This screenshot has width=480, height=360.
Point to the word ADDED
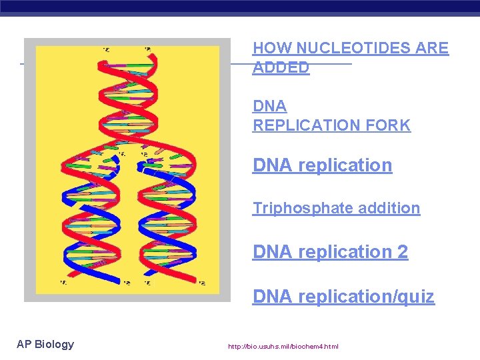point(281,67)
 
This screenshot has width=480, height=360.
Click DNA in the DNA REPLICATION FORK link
point(269,106)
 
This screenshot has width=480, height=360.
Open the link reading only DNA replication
point(322,165)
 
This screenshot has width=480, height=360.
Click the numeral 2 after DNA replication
point(403,252)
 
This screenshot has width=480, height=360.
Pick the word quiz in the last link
point(415,297)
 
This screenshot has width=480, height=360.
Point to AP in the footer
point(24,344)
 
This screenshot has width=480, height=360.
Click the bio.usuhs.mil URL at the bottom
point(283,347)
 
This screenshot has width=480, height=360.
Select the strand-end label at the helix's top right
point(147,49)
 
